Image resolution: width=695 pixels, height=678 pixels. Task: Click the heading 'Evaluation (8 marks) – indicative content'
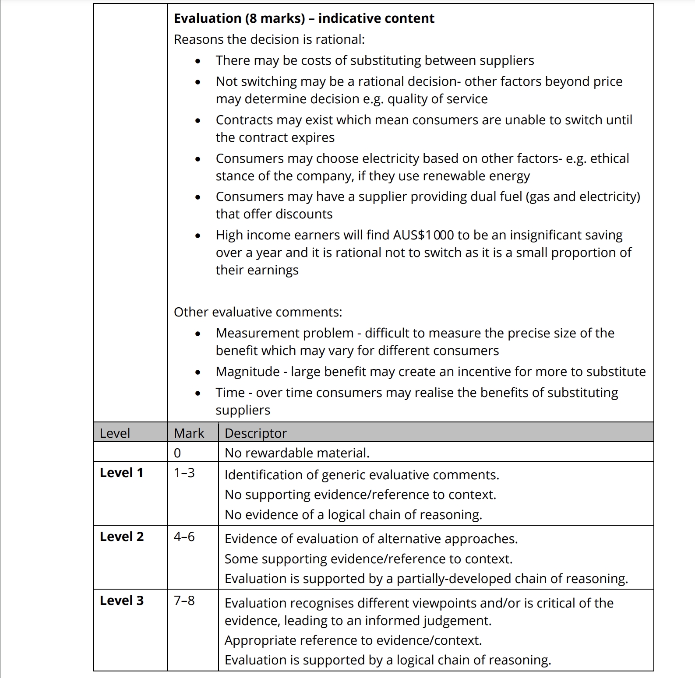pos(304,18)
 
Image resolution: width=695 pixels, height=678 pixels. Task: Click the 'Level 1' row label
pos(121,473)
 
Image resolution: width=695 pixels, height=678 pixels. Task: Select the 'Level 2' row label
pos(121,537)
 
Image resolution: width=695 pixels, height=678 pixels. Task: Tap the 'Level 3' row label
pos(121,601)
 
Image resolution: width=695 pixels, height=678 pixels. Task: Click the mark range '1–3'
pos(184,473)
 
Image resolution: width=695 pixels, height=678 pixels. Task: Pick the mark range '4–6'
pos(184,537)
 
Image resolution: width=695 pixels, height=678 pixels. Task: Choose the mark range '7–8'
pos(184,601)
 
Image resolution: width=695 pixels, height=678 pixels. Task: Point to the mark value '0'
pos(177,453)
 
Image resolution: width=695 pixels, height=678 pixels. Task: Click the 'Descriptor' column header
pos(256,433)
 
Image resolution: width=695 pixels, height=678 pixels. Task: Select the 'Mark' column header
pos(189,433)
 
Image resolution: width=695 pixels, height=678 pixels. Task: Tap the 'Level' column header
pos(115,433)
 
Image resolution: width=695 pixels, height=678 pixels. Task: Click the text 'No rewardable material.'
pos(297,453)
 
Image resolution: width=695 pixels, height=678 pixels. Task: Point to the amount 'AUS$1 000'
pos(423,235)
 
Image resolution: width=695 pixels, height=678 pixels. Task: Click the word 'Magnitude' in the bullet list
pos(247,372)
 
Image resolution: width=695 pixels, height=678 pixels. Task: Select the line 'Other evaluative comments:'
pos(258,312)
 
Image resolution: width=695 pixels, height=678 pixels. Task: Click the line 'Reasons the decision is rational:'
pos(269,39)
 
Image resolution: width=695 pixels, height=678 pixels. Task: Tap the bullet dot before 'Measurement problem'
pos(198,334)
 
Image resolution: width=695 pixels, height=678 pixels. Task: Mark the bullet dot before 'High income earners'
pos(198,236)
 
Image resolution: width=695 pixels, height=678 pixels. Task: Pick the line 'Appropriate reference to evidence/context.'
pos(353,640)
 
